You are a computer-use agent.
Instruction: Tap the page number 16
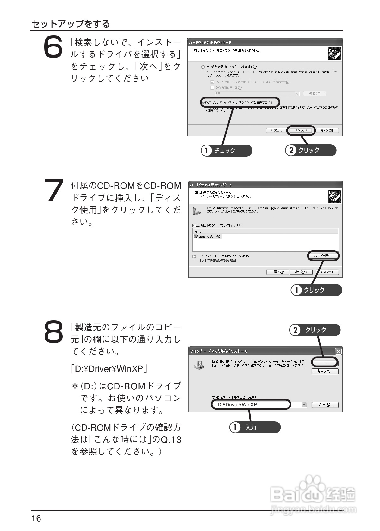pos(36,518)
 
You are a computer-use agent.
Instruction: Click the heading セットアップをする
pos(71,24)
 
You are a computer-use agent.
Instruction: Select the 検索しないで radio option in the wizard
pos(203,102)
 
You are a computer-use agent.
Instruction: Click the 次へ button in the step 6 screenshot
pos(301,130)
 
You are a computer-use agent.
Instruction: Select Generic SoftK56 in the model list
pos(209,236)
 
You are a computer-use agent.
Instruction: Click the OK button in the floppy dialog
pos(325,363)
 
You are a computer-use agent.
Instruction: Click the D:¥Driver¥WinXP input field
pos(251,404)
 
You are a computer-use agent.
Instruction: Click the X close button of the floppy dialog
pos(338,351)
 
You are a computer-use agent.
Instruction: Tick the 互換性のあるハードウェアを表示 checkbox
pos(194,225)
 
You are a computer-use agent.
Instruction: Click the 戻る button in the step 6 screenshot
pos(276,130)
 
